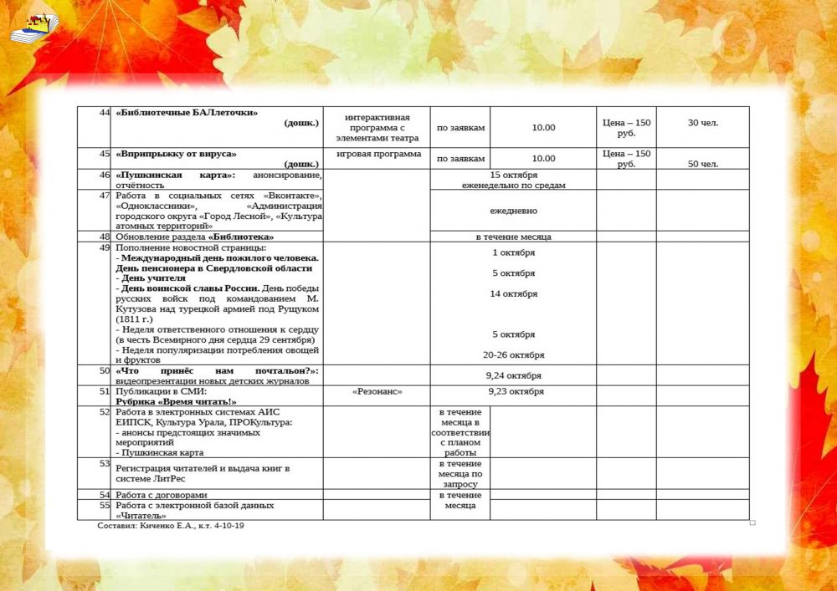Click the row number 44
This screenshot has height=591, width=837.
105,113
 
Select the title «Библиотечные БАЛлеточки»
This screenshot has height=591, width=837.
187,113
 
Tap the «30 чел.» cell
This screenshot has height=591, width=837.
703,123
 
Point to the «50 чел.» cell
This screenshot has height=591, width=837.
703,164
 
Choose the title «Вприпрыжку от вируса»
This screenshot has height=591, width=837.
177,154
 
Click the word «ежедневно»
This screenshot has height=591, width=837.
513,211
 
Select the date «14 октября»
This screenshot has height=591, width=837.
513,293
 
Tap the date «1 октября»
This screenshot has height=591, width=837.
513,252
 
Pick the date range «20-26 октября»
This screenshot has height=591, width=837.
513,354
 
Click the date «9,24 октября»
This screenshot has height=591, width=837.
513,375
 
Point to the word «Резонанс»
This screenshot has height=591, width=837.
377,391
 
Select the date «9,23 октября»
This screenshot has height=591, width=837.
516,391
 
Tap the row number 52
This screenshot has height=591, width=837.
105,412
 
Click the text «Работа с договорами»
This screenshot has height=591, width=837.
162,495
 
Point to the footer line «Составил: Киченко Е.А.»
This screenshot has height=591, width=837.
171,526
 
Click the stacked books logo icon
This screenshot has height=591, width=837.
33,28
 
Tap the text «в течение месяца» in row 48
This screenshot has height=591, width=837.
513,237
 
